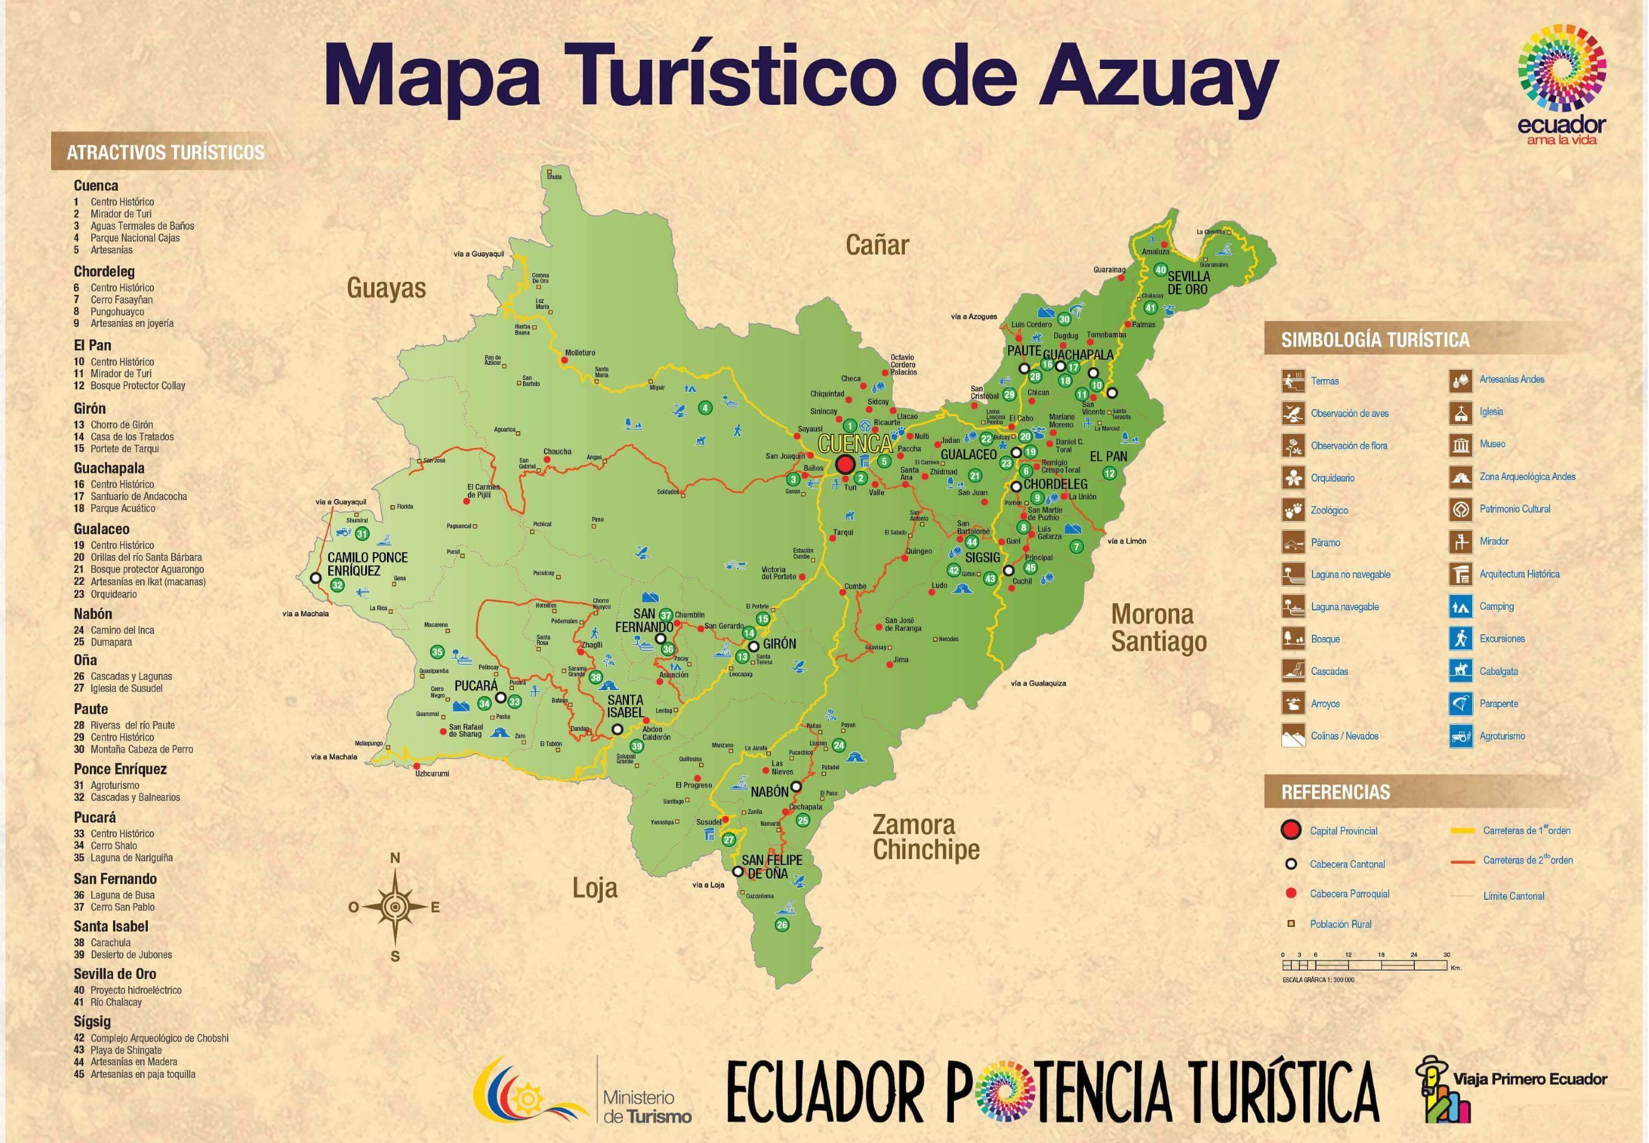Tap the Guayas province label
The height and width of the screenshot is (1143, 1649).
click(x=386, y=288)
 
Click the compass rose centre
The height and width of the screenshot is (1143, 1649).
click(x=394, y=907)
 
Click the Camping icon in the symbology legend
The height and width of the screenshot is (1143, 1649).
click(x=1460, y=607)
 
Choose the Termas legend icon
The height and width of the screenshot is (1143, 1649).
click(x=1293, y=381)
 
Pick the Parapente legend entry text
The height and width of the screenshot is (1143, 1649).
click(x=1498, y=703)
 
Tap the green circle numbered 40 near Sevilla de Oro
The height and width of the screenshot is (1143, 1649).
click(x=1160, y=270)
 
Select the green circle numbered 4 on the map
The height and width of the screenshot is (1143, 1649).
click(x=705, y=408)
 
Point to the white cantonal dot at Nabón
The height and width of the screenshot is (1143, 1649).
click(x=796, y=786)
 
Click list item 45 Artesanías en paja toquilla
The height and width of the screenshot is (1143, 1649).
click(x=142, y=1073)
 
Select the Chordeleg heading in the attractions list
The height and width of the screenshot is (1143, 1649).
click(x=104, y=271)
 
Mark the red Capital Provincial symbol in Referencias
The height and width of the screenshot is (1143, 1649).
click(x=1291, y=831)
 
